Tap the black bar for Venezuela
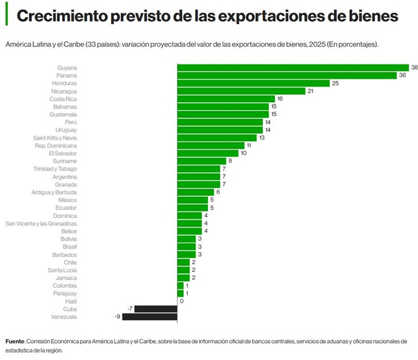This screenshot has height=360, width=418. coord(149,317)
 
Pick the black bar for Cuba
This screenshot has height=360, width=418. coord(156,309)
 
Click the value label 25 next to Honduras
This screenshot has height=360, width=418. coord(335,83)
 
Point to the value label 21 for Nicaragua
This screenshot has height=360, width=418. coord(310,91)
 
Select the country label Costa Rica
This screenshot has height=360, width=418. coord(63,99)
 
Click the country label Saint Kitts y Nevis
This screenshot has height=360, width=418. coord(55,138)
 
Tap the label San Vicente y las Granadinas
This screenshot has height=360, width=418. coord(41,224)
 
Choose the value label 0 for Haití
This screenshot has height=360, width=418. coord(182,301)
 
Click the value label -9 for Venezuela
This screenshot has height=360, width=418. coord(116,317)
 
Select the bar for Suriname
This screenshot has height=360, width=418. coord(201,161)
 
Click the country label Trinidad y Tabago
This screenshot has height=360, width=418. coord(55,169)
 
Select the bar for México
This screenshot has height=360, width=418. coord(192,200)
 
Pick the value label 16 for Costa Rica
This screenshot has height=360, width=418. coord(280,99)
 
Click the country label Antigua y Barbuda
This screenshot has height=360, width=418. coord(54,192)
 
